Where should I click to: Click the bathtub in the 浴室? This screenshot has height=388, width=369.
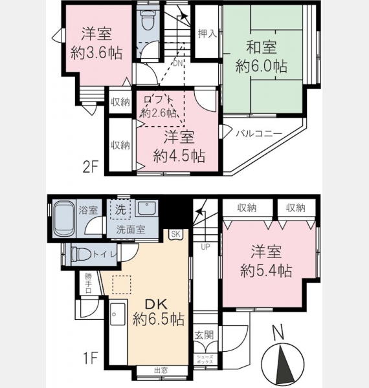click(64, 219)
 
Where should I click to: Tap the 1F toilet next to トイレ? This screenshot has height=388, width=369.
click(80, 254)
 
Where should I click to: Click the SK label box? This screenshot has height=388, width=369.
click(175, 234)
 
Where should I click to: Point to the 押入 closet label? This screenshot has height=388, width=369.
click(207, 34)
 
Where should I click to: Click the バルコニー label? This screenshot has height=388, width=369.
click(259, 134)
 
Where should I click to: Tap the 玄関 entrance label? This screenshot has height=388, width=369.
click(204, 335)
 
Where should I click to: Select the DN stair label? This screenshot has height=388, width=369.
click(177, 63)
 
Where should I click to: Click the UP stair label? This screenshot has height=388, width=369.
click(205, 247)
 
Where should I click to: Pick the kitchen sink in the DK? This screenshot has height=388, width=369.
click(118, 314)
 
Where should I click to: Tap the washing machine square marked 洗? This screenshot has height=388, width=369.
click(120, 210)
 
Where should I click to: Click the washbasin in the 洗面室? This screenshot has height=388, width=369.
click(146, 208)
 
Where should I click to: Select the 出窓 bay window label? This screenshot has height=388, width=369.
click(161, 371)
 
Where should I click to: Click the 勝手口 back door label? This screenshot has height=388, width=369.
click(88, 283)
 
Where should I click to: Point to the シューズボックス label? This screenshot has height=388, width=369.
click(205, 360)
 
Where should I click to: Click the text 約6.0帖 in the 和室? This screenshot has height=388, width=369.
click(262, 66)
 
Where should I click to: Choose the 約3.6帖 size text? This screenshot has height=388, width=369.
click(96, 53)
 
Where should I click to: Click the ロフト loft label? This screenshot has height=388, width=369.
click(158, 100)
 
